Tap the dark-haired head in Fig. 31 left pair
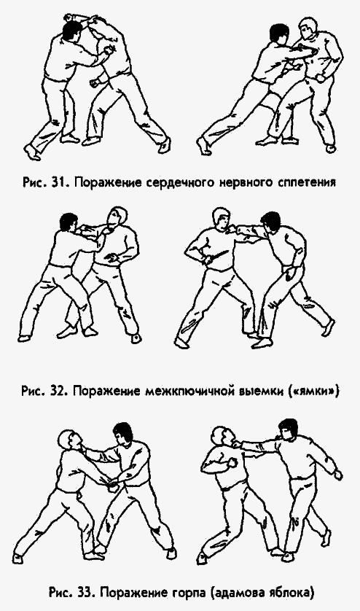click(x=71, y=30)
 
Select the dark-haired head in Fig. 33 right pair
click(x=289, y=428)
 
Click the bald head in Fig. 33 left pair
click(x=70, y=440)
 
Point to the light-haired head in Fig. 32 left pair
click(x=115, y=216)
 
